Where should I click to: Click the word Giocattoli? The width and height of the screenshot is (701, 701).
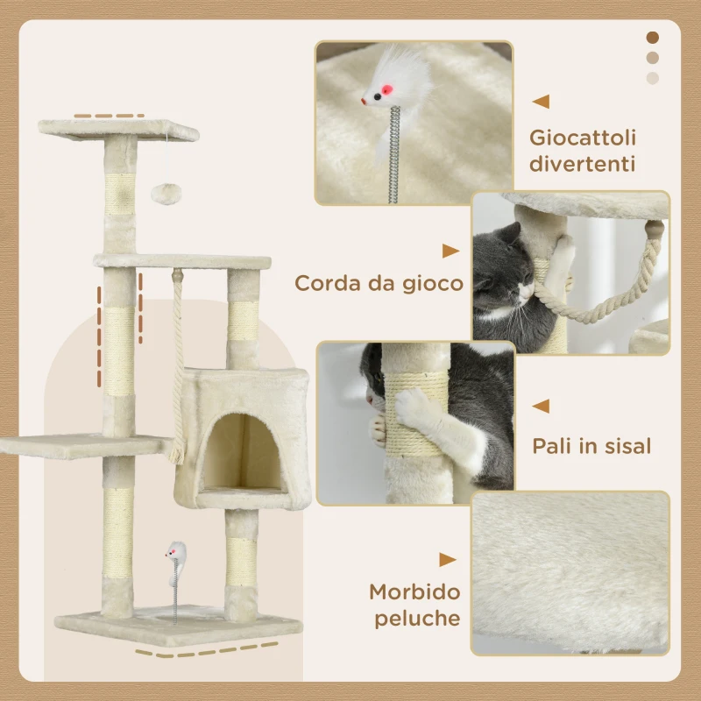[x=583, y=138]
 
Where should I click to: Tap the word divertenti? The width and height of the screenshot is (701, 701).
[x=583, y=165]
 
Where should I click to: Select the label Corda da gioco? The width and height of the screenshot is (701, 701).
[x=379, y=283]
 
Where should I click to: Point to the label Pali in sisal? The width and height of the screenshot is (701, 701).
[x=591, y=446]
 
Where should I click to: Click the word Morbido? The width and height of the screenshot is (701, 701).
[x=414, y=591]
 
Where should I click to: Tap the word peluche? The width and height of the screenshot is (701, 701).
[x=418, y=619]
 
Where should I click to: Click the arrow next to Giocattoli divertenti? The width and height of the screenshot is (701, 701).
[x=542, y=102]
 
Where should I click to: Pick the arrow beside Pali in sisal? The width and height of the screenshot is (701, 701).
[x=542, y=406]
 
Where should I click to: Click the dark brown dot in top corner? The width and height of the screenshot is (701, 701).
[x=652, y=38]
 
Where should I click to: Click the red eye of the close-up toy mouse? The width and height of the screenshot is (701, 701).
[x=377, y=91]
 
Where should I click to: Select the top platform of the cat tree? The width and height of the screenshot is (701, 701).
[x=117, y=130]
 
